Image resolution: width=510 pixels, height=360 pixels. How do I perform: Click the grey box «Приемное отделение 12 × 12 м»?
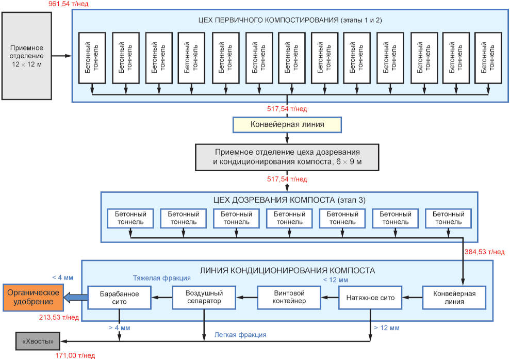pos(27,56)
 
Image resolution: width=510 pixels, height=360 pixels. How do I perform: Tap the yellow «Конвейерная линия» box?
pos(287,124)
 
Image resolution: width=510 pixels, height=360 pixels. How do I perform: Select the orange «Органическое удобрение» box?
pos(33,297)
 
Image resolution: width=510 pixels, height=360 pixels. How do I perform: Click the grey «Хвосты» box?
pos(38,341)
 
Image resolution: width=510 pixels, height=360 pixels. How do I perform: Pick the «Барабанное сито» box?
pos(119,298)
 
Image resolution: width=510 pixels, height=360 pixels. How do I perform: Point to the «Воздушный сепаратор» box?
pos(204,298)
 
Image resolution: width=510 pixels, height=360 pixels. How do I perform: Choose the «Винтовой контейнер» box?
pos(289,298)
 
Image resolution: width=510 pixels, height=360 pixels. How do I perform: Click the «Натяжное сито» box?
pos(370,298)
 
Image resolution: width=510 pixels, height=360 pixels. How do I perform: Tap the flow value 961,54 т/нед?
pos(68,4)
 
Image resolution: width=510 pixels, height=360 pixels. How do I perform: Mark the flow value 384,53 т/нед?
pos(485,252)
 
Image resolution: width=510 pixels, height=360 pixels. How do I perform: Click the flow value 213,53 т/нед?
pos(59,317)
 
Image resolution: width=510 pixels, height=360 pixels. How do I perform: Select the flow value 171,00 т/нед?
pos(75,356)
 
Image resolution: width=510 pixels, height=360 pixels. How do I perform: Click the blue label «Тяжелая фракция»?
pos(161,278)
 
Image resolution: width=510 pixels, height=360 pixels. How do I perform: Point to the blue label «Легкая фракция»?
pos(240,335)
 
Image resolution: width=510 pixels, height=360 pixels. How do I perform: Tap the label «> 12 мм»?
pos(387,328)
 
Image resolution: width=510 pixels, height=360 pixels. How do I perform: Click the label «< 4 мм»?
pos(62,277)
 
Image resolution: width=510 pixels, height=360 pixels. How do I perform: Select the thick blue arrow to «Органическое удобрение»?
pos(75,297)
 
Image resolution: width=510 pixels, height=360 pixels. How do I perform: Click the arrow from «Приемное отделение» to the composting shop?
pos(62,56)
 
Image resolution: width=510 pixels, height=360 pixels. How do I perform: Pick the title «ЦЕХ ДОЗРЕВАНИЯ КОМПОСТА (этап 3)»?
pos(289,200)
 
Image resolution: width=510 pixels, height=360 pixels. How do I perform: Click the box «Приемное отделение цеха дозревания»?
pos(287,157)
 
